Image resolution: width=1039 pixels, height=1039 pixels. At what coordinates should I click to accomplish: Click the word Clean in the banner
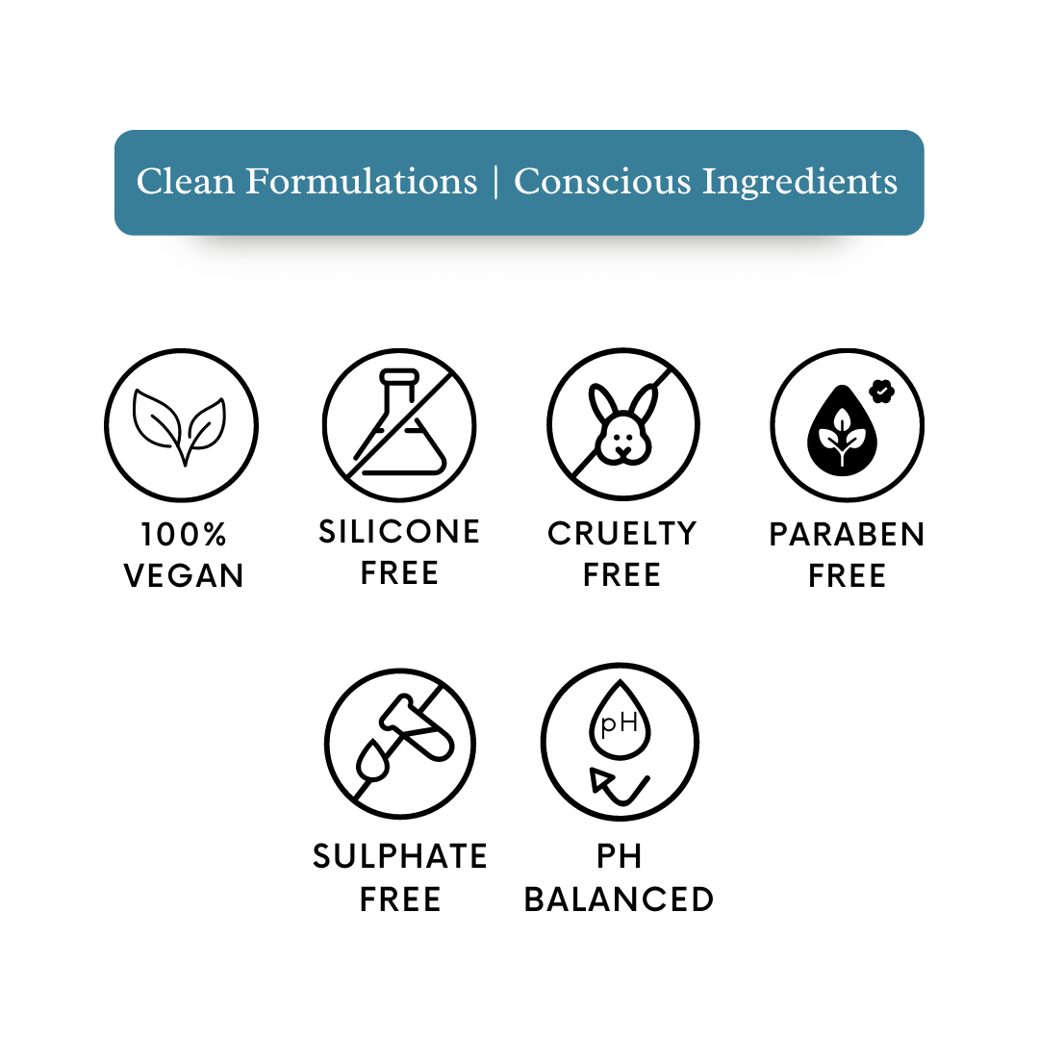point(186,181)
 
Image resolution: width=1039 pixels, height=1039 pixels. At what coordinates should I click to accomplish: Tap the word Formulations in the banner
point(361,181)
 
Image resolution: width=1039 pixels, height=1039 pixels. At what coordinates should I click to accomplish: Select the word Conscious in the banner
point(602,181)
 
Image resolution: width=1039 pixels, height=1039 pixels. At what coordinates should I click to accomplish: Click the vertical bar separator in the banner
point(495,182)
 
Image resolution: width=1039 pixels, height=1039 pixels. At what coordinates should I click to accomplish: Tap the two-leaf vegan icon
point(180,426)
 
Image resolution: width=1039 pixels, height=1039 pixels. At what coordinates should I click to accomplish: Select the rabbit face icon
point(623,424)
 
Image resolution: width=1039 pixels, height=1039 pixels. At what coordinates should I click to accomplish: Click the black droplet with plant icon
point(842,431)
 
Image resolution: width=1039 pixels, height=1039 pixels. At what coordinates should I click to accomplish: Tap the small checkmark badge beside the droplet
point(882,392)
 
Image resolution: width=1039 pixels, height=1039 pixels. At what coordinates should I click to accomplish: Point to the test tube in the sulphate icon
point(417,727)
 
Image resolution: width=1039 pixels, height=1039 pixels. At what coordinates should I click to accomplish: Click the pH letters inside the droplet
point(619,723)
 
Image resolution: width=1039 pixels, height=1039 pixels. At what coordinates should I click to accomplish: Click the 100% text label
point(184,535)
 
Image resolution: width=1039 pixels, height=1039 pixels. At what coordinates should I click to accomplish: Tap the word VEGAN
point(184,576)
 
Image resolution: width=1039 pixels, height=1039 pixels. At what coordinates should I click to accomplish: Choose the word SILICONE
point(399,532)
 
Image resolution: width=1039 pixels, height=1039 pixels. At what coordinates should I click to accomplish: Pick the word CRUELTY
point(622,534)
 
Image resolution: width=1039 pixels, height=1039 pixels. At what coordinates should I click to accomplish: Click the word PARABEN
point(847,535)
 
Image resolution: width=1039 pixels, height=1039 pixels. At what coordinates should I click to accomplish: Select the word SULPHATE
point(400,857)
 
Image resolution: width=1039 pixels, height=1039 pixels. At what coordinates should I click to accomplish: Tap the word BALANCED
point(619,900)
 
